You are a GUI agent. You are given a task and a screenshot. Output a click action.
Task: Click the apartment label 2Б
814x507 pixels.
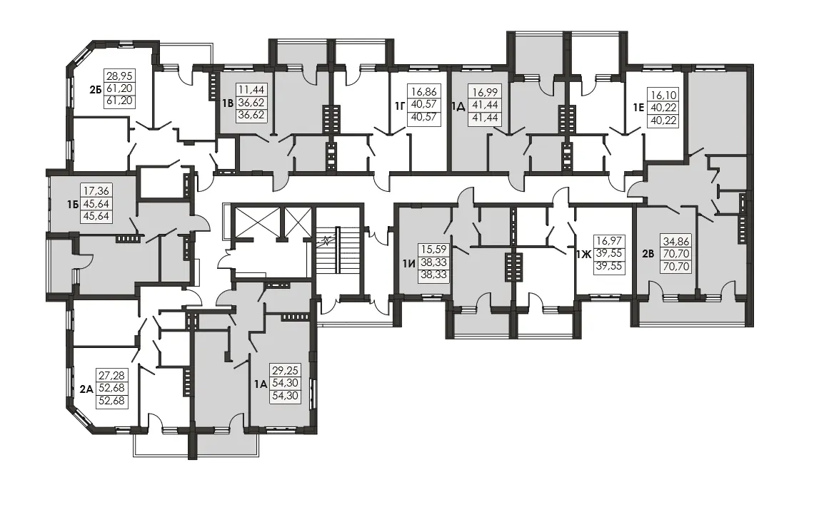tap(95, 89)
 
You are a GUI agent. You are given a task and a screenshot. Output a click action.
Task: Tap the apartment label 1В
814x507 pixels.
tap(227, 103)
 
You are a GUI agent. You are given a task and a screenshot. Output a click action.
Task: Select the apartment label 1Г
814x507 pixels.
tap(399, 106)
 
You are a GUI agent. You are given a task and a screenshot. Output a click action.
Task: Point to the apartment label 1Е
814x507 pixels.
tap(638, 108)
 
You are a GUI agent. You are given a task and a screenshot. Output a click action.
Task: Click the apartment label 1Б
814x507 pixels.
tap(73, 204)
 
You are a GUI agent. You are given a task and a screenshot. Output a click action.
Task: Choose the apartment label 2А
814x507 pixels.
tap(86, 389)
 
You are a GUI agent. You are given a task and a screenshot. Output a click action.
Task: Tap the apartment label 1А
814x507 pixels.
tap(261, 384)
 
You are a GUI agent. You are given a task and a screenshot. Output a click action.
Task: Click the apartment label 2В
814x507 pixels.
tap(648, 254)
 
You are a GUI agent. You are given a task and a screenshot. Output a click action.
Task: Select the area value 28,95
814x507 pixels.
tap(119, 76)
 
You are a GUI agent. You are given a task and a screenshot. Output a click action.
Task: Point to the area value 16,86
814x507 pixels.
tap(423, 92)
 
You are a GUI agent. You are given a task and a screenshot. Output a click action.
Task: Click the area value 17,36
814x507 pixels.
tap(96, 191)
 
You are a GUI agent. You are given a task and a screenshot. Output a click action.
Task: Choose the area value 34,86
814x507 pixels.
tap(675, 242)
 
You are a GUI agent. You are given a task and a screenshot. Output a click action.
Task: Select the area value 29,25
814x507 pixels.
tap(285, 371)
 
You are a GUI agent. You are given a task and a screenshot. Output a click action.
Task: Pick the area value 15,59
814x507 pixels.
tap(433, 250)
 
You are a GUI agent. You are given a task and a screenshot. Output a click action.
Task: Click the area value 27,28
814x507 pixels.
tap(111, 375)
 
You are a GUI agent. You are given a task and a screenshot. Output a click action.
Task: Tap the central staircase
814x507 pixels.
tap(338, 250)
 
